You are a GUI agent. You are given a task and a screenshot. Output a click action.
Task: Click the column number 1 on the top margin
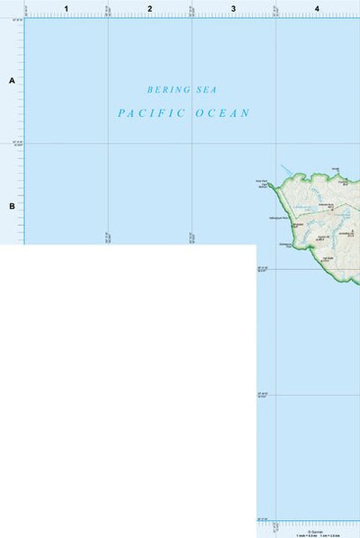[67, 8]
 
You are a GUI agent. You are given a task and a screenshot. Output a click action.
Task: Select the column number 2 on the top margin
[149, 8]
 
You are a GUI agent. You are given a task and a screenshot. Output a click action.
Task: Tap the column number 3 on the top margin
[233, 8]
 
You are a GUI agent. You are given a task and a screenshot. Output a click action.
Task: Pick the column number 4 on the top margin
[317, 8]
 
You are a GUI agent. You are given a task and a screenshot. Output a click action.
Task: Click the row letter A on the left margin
[13, 81]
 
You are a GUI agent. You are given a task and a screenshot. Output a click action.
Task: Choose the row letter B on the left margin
[13, 206]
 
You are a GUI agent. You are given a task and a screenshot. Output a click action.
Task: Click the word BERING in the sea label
[169, 90]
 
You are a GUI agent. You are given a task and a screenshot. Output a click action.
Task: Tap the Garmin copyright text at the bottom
[314, 531]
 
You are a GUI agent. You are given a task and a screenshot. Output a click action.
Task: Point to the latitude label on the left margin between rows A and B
[16, 143]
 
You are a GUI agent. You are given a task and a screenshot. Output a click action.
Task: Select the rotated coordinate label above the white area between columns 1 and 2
[108, 237]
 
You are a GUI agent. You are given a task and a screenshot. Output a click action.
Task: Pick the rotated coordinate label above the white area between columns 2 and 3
[192, 237]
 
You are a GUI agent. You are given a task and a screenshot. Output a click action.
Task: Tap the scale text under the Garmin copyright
[314, 535]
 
